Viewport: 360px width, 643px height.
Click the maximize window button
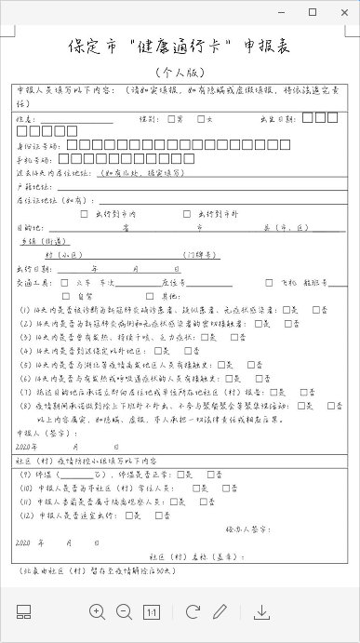(312, 12)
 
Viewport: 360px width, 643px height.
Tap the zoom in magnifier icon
(98, 611)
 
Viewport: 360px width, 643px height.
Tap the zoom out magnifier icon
(124, 611)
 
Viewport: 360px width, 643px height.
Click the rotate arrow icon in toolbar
(193, 611)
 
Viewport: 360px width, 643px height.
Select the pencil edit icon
(220, 611)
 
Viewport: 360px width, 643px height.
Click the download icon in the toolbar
(262, 611)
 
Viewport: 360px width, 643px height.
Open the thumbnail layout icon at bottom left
(24, 611)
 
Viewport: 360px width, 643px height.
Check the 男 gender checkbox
(172, 118)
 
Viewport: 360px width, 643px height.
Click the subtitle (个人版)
(178, 72)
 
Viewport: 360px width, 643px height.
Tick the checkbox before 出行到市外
(189, 212)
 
